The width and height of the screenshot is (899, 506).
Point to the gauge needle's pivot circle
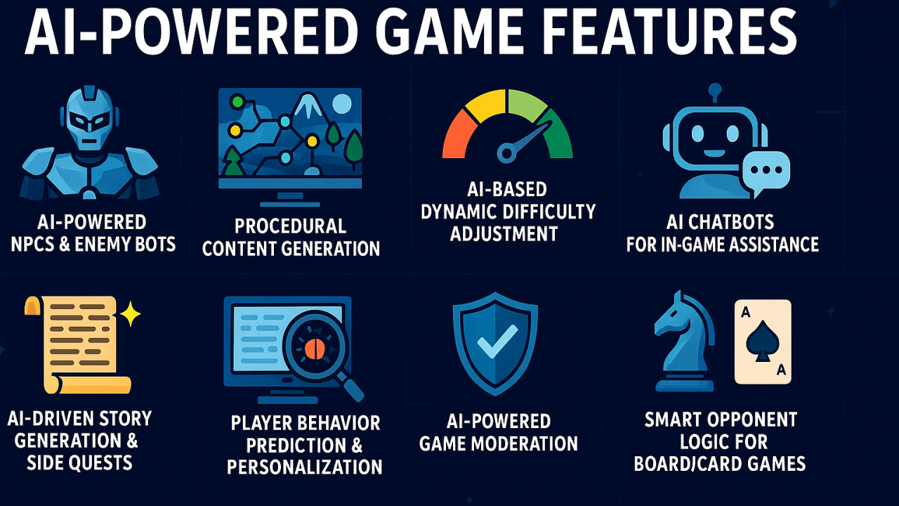[506, 151]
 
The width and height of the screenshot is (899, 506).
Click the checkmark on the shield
[495, 344]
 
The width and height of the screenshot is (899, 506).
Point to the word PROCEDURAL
[290, 226]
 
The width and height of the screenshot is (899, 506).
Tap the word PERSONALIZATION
[305, 467]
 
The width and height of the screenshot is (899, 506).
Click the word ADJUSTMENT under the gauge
[504, 233]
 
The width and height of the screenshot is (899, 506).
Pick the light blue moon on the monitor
[341, 105]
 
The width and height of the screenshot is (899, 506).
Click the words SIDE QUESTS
[79, 463]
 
